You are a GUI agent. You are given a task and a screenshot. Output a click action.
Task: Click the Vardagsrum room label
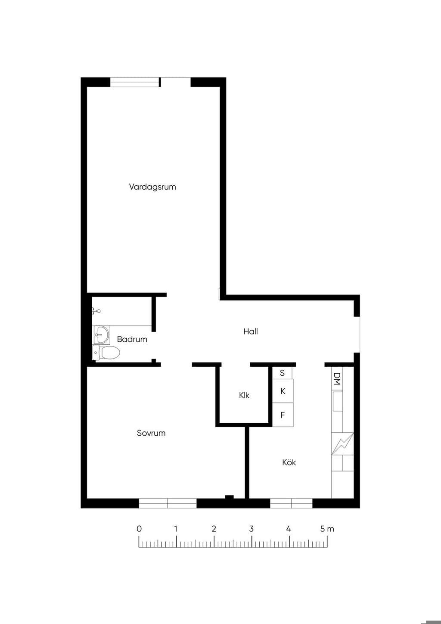(152, 187)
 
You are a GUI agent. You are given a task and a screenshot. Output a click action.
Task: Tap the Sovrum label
(151, 433)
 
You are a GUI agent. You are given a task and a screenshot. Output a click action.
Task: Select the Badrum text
(132, 339)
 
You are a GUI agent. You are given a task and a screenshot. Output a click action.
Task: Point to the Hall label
(251, 331)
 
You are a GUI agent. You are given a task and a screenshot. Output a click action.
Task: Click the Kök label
(289, 462)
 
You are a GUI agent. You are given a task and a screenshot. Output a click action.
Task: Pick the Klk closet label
(244, 395)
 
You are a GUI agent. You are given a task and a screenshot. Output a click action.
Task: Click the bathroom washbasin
(101, 334)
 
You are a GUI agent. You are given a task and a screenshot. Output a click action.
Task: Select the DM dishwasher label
(337, 378)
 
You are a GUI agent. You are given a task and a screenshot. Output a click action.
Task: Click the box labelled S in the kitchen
(282, 373)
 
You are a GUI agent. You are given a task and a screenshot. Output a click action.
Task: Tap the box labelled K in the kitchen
(283, 391)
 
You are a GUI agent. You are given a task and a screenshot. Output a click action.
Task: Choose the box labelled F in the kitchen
(283, 415)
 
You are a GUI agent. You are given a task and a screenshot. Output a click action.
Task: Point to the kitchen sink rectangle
(338, 401)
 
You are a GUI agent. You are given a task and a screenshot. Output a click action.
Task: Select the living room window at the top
(135, 82)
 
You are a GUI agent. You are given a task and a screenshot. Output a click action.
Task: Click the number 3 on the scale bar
(251, 529)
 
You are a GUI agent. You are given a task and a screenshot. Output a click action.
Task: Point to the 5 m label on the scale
(327, 529)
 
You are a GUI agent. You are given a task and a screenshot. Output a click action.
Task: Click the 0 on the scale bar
(139, 529)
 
